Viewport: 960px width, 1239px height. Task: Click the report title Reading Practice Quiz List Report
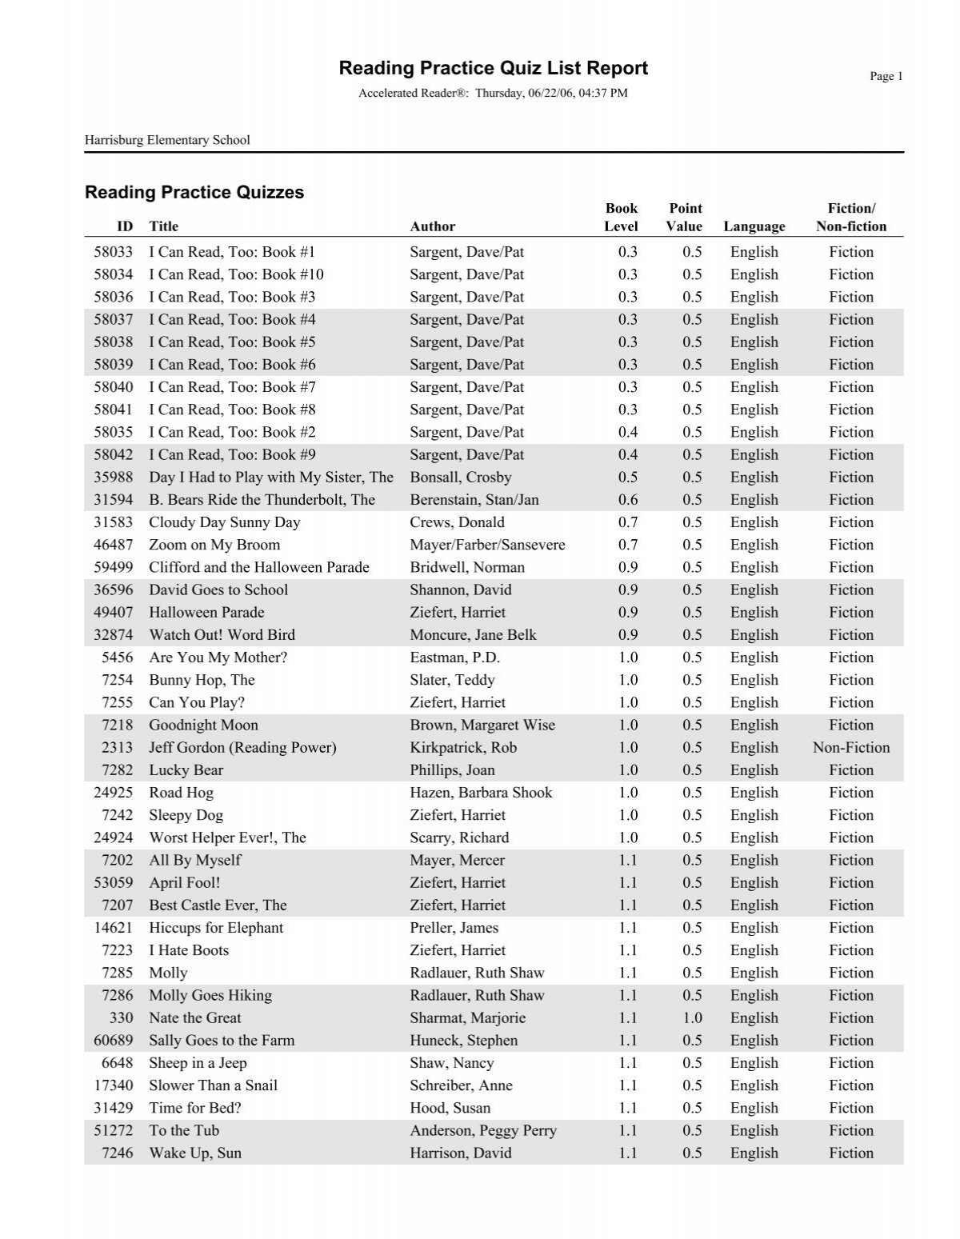tap(493, 68)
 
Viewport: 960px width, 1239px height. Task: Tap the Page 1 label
tap(886, 76)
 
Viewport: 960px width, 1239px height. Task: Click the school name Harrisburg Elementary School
tap(167, 140)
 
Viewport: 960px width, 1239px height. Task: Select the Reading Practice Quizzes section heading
tap(194, 192)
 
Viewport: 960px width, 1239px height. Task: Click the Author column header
tap(432, 226)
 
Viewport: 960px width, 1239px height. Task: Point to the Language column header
tap(754, 226)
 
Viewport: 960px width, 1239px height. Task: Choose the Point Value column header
tap(684, 218)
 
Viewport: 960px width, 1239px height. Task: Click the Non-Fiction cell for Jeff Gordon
tap(850, 748)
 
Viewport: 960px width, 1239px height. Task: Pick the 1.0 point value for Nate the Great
tap(692, 1018)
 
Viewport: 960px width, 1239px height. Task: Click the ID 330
tap(122, 1018)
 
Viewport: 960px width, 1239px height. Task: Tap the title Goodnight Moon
tap(203, 725)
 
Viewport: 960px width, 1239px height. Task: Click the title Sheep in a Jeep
tap(198, 1063)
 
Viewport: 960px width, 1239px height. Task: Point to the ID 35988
tap(113, 478)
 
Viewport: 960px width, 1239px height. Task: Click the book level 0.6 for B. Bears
tap(628, 500)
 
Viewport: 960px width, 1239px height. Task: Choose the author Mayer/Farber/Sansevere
tap(487, 545)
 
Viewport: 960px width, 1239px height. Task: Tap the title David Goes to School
tap(218, 590)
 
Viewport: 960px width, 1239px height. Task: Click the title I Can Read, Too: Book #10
tap(236, 274)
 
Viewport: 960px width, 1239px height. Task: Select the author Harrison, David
tap(460, 1153)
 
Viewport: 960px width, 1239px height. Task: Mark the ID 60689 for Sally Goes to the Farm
tap(113, 1041)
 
